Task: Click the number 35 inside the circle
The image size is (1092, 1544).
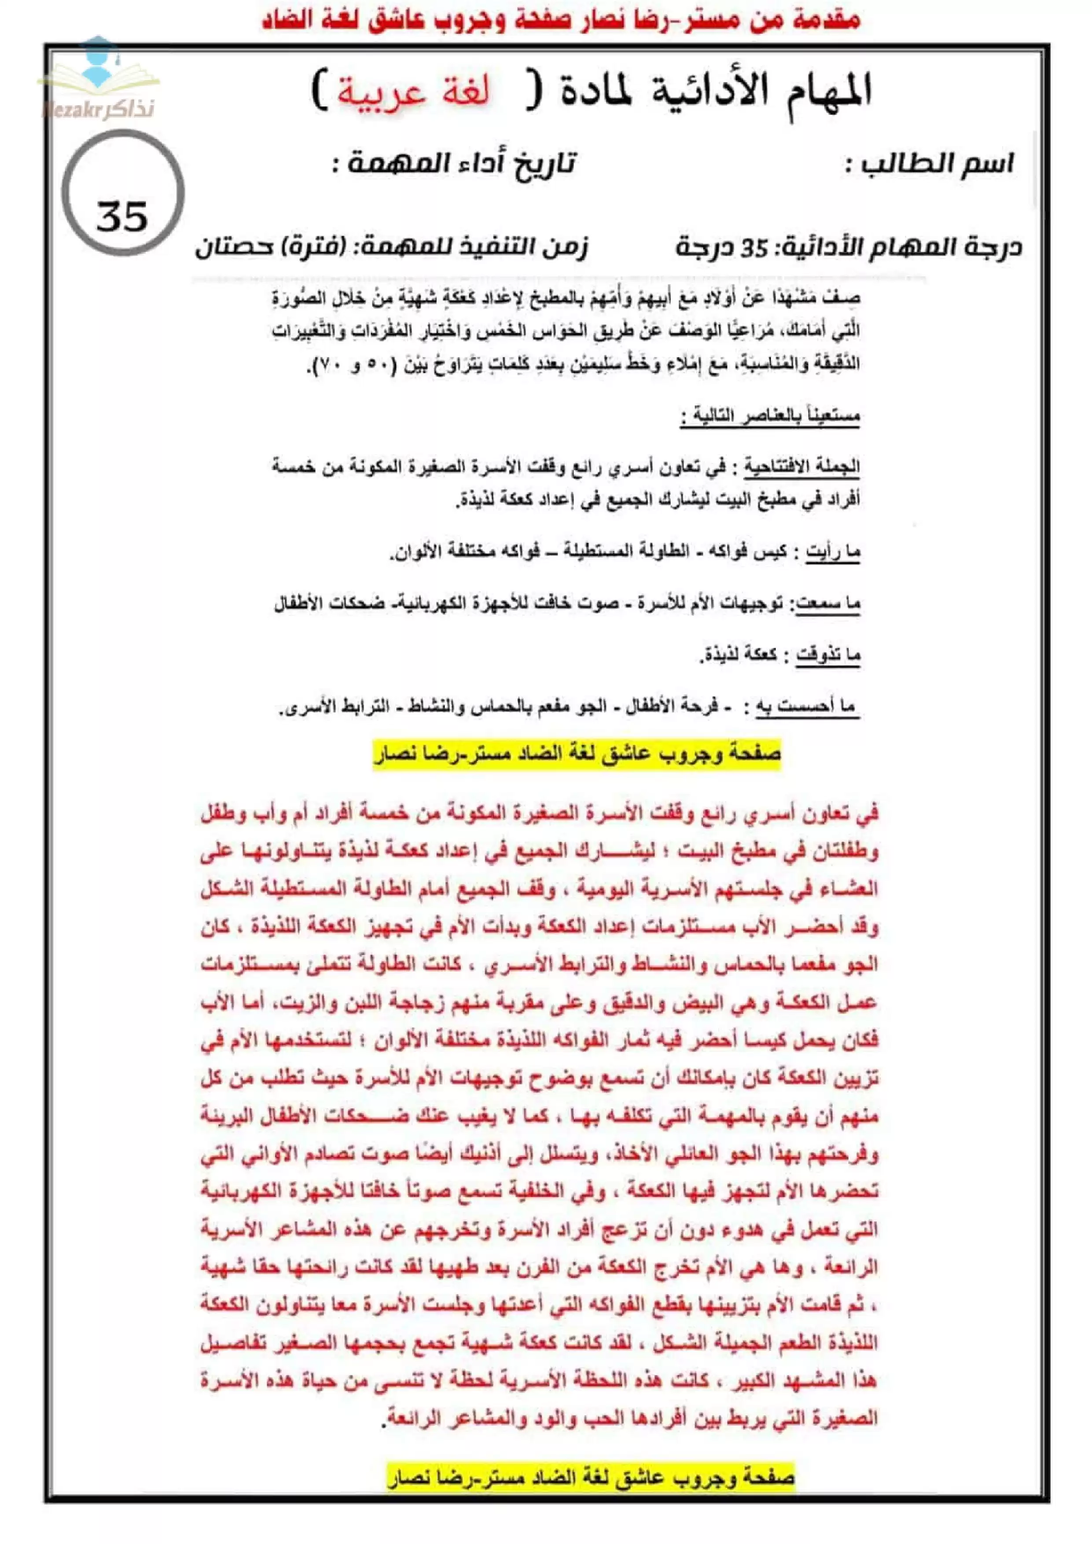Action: click(x=122, y=217)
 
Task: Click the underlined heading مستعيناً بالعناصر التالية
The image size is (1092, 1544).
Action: click(x=769, y=415)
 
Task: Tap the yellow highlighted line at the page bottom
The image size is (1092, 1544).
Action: click(x=590, y=1478)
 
